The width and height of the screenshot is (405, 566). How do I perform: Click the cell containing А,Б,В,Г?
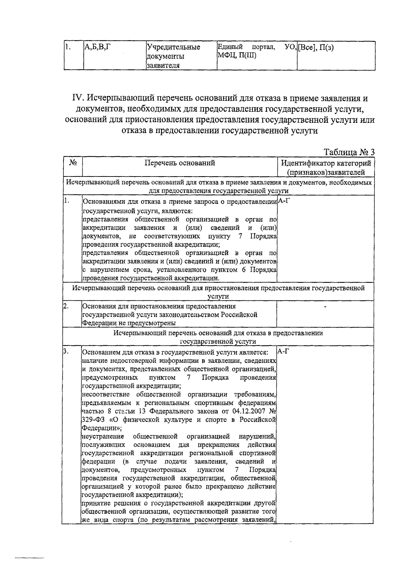point(97,48)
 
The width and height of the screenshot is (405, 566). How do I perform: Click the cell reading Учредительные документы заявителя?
point(173,56)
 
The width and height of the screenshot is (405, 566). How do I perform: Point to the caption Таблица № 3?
point(349,152)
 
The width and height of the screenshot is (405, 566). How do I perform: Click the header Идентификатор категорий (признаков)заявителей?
point(326,168)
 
